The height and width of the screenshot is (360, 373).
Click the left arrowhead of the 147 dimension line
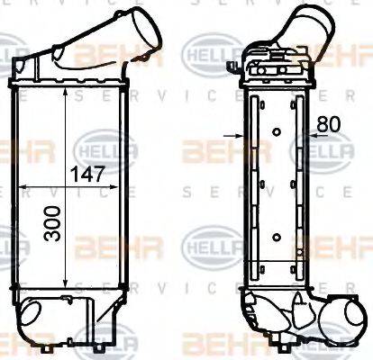point(21,187)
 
